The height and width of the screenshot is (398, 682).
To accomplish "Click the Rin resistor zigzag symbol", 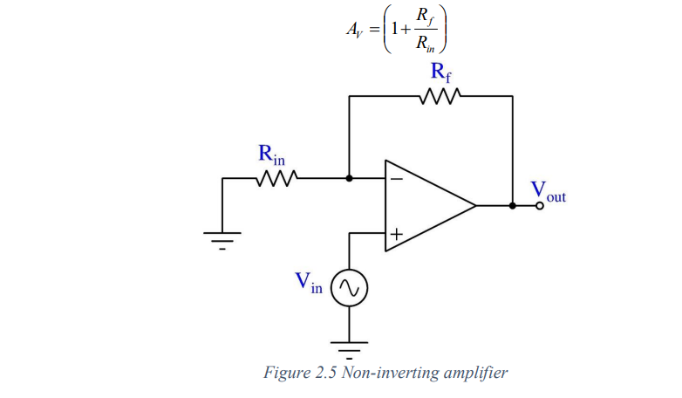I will (277, 179).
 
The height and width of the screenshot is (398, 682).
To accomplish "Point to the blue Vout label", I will (548, 191).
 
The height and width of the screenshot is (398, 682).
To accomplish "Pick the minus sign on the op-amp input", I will (396, 179).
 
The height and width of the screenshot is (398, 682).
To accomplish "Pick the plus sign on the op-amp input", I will (396, 234).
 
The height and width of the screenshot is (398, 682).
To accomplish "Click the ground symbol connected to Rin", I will (222, 237).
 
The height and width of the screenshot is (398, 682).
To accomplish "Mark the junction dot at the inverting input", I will (349, 179).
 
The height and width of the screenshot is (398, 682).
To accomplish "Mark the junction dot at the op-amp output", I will (512, 206).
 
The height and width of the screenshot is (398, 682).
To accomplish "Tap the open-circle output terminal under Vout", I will (540, 206).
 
